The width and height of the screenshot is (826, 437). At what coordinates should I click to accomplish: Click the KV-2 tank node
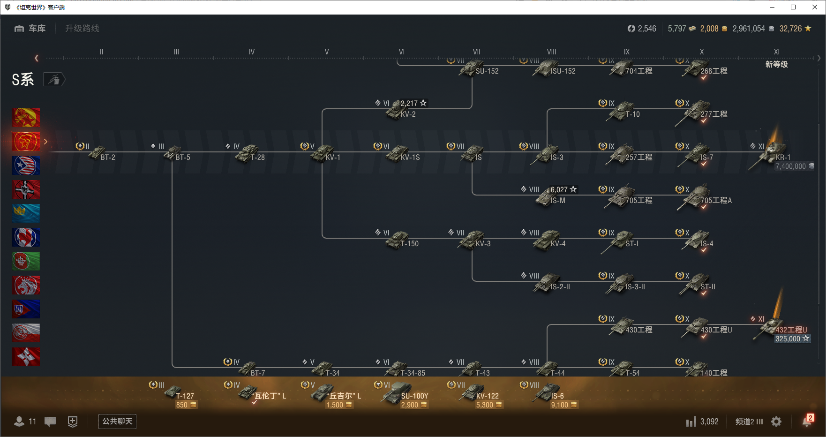click(x=398, y=110)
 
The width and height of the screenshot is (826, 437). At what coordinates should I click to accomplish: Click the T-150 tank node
click(x=398, y=240)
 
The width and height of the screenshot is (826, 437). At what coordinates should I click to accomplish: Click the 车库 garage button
click(x=30, y=29)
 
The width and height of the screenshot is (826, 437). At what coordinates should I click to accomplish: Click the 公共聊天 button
click(x=117, y=421)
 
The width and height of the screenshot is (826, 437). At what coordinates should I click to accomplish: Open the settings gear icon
click(x=776, y=422)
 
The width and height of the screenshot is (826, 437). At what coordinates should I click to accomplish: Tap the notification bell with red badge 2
click(x=807, y=421)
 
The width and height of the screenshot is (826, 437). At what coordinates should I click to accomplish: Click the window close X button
click(x=815, y=7)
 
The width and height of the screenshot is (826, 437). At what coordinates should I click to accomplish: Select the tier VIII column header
click(x=551, y=52)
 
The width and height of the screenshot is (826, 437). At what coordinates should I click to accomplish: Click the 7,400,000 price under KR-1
click(x=791, y=166)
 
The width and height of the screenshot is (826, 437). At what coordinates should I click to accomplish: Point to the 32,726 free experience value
click(x=791, y=29)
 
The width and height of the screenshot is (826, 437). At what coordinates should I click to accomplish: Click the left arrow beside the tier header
click(x=37, y=58)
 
